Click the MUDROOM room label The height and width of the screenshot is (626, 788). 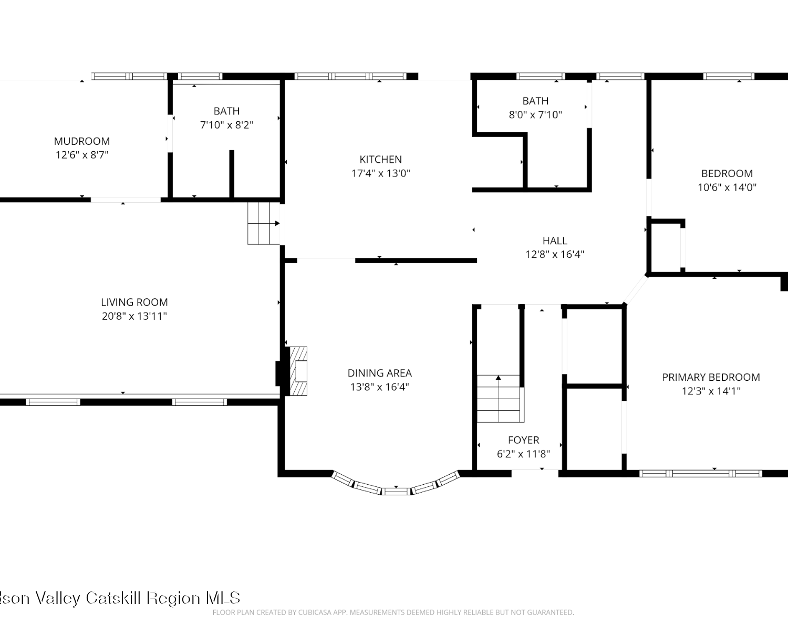click(81, 141)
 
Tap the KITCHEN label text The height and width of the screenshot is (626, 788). click(381, 159)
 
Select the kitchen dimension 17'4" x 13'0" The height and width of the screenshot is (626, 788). click(381, 173)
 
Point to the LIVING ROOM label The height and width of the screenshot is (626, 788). click(134, 302)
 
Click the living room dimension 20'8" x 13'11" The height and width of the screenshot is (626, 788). click(134, 316)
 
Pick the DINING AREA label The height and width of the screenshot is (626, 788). click(380, 373)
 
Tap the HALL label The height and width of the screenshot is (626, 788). click(555, 241)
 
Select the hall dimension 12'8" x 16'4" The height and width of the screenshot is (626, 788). click(555, 254)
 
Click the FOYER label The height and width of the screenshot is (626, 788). click(524, 440)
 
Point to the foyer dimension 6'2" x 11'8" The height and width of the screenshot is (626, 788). click(524, 454)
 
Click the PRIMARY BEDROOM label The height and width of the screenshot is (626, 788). click(711, 377)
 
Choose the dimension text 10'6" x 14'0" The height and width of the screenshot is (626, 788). click(727, 187)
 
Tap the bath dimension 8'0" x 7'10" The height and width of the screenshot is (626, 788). click(535, 115)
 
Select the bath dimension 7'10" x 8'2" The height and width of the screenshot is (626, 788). click(226, 125)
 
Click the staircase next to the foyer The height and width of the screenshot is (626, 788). click(500, 399)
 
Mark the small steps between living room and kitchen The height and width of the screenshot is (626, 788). click(264, 223)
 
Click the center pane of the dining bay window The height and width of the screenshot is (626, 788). click(396, 491)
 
